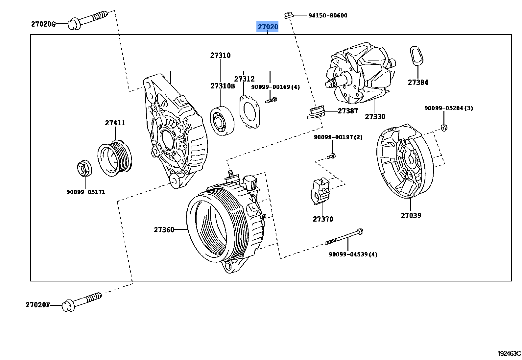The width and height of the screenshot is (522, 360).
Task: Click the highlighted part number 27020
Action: pos(268,27)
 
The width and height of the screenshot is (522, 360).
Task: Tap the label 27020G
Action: pos(43,24)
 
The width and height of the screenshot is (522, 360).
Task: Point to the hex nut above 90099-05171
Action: pos(84,168)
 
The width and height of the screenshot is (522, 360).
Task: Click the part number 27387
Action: pos(348,111)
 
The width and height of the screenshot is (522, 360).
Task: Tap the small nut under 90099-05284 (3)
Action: pos(444,128)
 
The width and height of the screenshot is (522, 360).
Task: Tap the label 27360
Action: pos(164,230)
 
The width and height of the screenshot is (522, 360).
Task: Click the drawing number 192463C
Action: pos(509,353)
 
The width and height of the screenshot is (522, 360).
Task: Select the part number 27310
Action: pos(220,56)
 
